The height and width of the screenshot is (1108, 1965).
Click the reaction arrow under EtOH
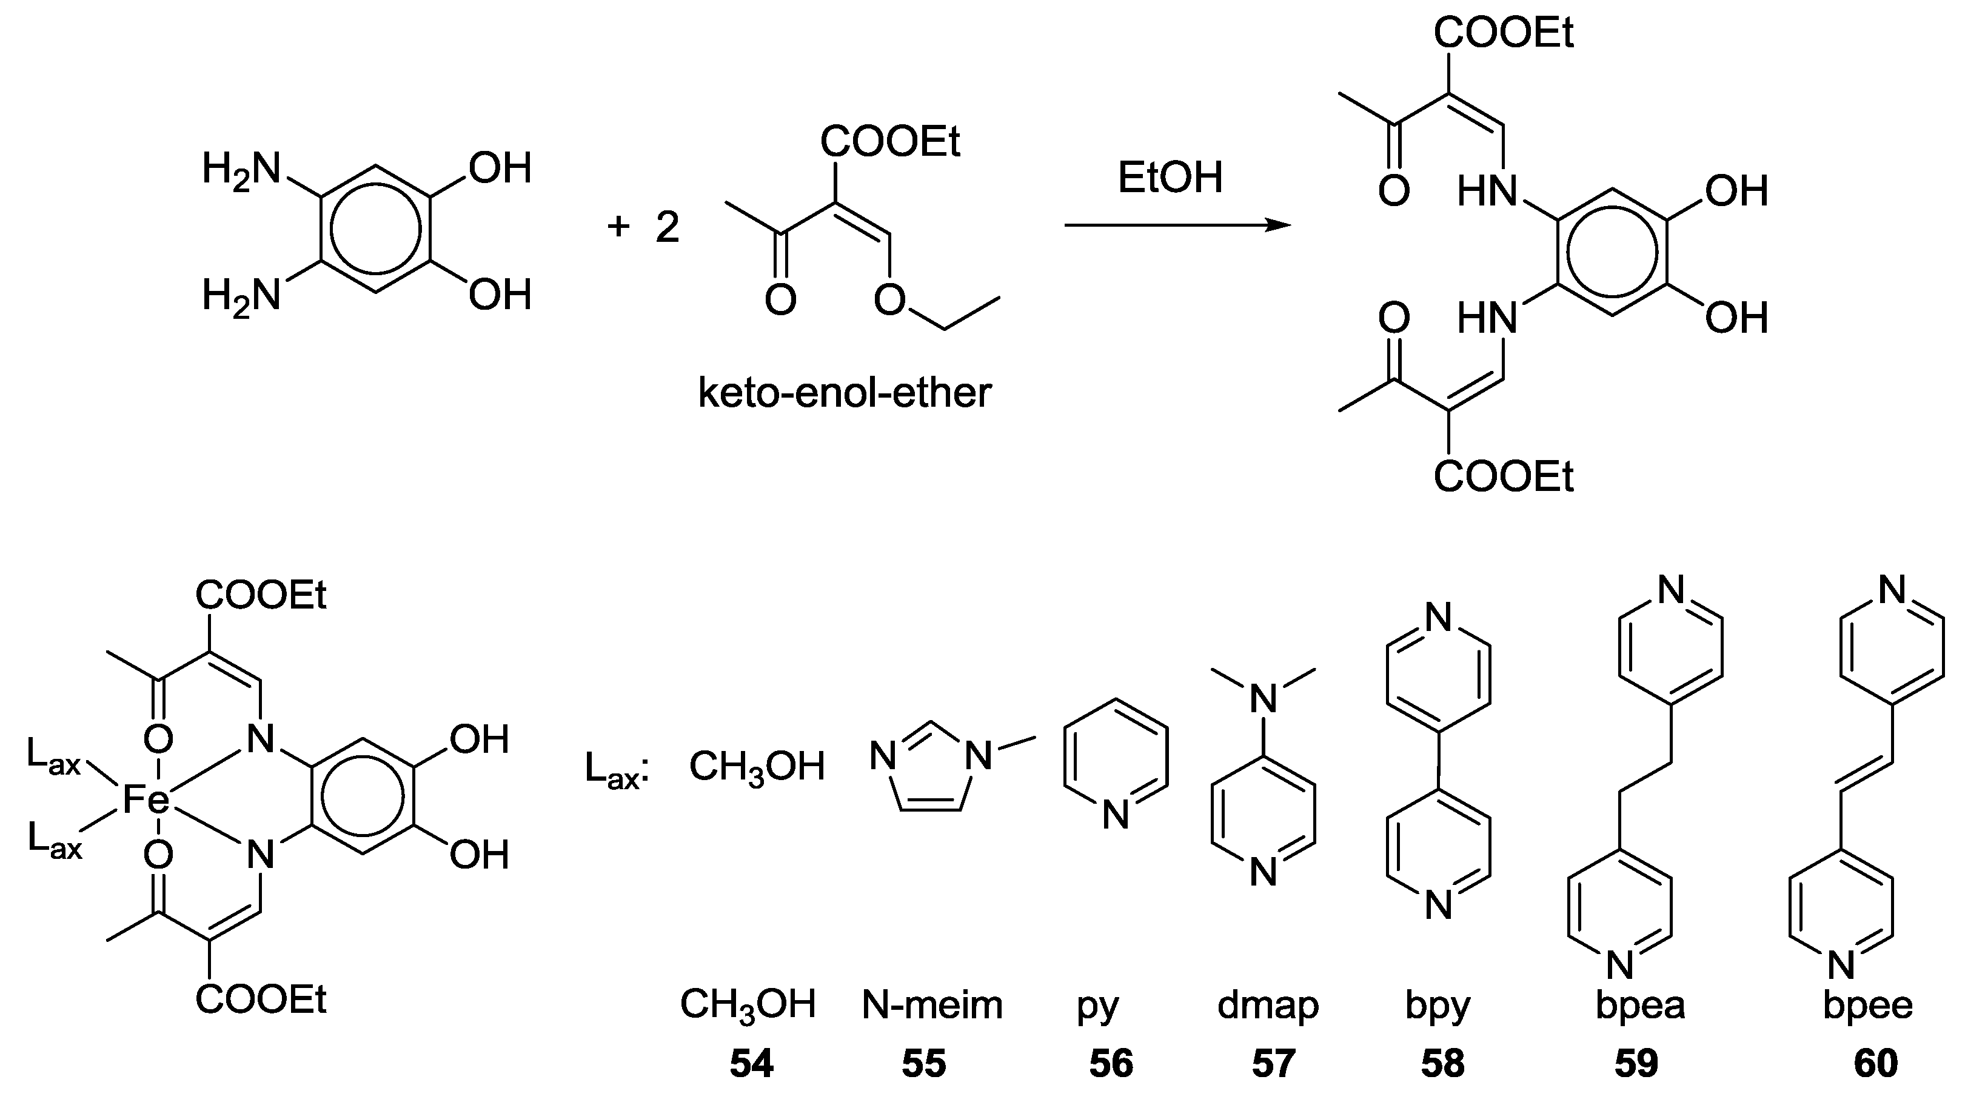[1176, 225]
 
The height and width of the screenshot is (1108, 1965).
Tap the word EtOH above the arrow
[1170, 178]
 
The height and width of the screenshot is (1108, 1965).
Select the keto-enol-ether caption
[845, 393]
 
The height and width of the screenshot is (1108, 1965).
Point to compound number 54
[751, 1064]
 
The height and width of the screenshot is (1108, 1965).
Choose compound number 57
[1273, 1064]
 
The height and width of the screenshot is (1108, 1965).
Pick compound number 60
[1876, 1064]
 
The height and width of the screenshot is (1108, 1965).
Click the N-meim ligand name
[931, 1005]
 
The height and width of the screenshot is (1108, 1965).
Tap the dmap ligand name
[1268, 1005]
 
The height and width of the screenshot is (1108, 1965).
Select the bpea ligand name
[1640, 1005]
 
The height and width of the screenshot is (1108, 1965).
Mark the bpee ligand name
[1868, 1005]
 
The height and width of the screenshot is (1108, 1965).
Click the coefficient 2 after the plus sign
[668, 227]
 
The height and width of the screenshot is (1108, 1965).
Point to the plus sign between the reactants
[618, 227]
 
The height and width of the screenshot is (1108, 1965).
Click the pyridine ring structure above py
[1115, 763]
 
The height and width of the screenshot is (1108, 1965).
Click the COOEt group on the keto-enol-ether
[889, 142]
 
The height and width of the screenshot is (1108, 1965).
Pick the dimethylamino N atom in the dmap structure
[1264, 698]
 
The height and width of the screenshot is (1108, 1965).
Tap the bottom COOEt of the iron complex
[261, 1000]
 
